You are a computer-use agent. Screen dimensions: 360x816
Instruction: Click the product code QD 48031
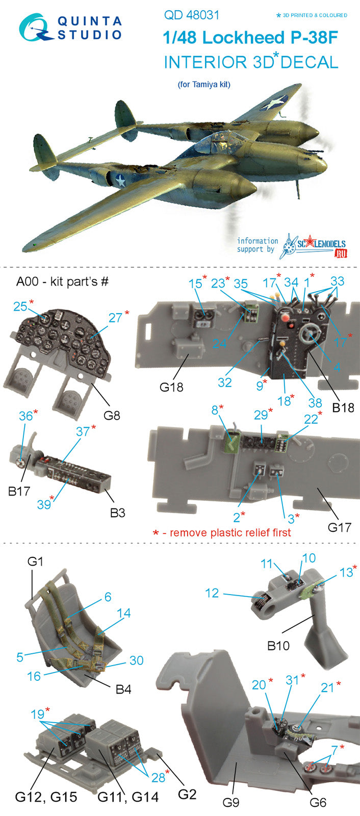(x=192, y=15)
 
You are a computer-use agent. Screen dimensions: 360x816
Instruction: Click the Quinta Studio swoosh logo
(x=35, y=28)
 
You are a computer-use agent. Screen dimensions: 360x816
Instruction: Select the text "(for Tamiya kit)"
(x=204, y=85)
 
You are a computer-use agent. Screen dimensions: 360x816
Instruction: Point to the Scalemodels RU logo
(x=314, y=246)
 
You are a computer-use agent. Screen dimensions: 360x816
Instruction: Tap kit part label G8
(x=112, y=415)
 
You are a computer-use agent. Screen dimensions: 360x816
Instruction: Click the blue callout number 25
(x=20, y=307)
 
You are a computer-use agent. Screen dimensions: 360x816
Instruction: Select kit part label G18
(x=171, y=387)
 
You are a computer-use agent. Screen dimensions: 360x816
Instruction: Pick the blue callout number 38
(x=315, y=402)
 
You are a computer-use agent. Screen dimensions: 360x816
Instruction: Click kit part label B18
(x=343, y=407)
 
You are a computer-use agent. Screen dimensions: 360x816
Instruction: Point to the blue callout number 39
(x=44, y=504)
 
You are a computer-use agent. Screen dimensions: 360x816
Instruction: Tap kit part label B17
(x=18, y=491)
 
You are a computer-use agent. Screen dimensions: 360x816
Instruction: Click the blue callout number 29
(x=261, y=415)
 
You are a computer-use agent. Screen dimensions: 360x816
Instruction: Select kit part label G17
(x=339, y=527)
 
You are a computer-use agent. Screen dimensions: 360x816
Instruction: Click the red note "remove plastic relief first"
(x=230, y=532)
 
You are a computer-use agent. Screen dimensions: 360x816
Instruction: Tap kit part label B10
(x=278, y=646)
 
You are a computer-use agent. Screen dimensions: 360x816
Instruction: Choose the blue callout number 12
(x=212, y=594)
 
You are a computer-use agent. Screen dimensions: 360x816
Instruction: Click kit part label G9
(x=231, y=802)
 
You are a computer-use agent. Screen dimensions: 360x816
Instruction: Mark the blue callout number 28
(x=159, y=778)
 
